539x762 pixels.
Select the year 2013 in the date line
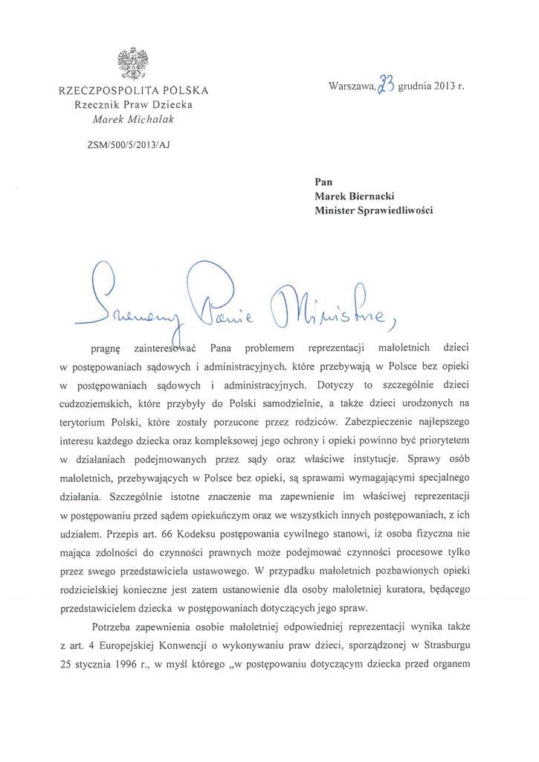(442, 88)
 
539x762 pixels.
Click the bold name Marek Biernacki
(353, 196)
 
